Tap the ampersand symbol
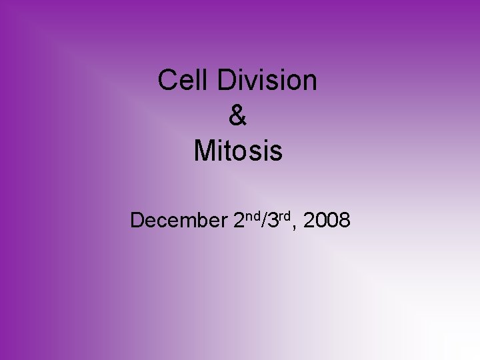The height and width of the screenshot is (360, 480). pos(237,116)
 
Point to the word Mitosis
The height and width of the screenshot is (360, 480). pos(238,151)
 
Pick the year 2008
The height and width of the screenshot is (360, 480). pos(326,219)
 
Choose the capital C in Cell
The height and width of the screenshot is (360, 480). pos(167,81)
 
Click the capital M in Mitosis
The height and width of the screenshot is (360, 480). pos(204,151)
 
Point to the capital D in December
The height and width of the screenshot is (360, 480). pos(139,219)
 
